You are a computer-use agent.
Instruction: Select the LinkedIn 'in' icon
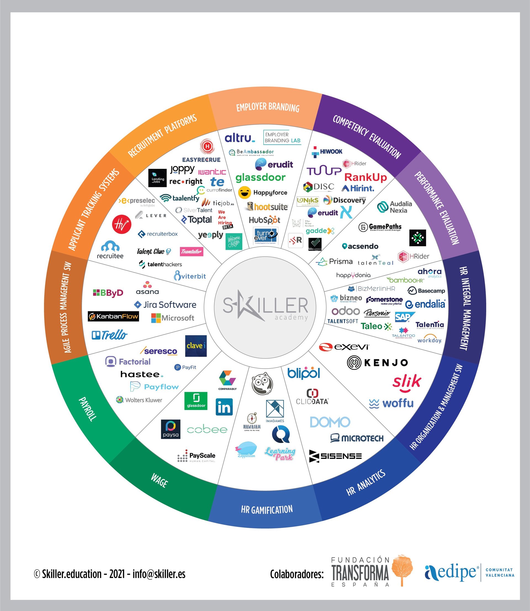pyautogui.click(x=224, y=407)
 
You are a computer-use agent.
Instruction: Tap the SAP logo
pyautogui.click(x=404, y=317)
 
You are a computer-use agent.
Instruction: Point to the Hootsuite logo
pyautogui.click(x=267, y=207)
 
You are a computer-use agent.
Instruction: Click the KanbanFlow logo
pyautogui.click(x=113, y=316)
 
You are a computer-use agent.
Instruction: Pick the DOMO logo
pyautogui.click(x=330, y=422)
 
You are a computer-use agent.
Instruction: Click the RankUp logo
pyautogui.click(x=365, y=177)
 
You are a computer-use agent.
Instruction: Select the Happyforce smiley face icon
pyautogui.click(x=245, y=193)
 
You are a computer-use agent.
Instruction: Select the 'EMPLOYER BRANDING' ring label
pyautogui.click(x=268, y=107)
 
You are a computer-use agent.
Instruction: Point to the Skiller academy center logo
pyautogui.click(x=265, y=307)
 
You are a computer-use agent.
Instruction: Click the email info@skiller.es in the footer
pyautogui.click(x=159, y=574)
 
